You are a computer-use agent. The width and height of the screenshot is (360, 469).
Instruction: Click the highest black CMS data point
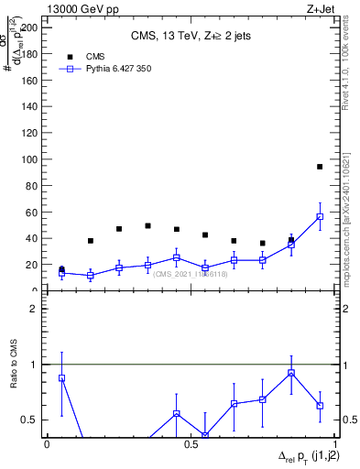coord(320,167)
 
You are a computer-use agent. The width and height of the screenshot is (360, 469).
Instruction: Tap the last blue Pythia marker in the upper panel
coord(320,217)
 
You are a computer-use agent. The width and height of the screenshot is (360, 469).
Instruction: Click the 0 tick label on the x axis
coord(47,443)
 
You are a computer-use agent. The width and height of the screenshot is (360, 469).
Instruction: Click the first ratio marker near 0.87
coord(61,377)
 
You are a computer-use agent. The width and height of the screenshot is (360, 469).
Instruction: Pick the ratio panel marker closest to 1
coord(291,373)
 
